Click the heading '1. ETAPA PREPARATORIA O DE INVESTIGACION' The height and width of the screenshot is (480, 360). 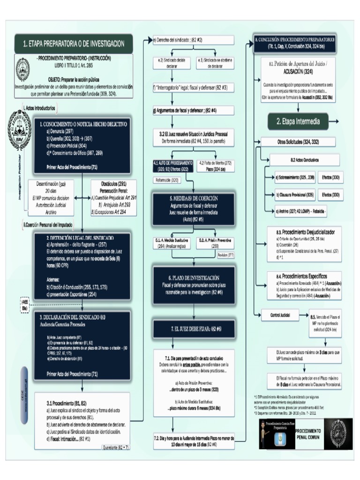pyautogui.click(x=74, y=44)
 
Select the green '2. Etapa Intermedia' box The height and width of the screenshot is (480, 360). pyautogui.click(x=298, y=121)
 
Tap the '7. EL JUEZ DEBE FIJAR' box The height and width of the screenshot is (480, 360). pyautogui.click(x=194, y=329)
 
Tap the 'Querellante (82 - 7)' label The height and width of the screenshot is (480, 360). pyautogui.click(x=116, y=447)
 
